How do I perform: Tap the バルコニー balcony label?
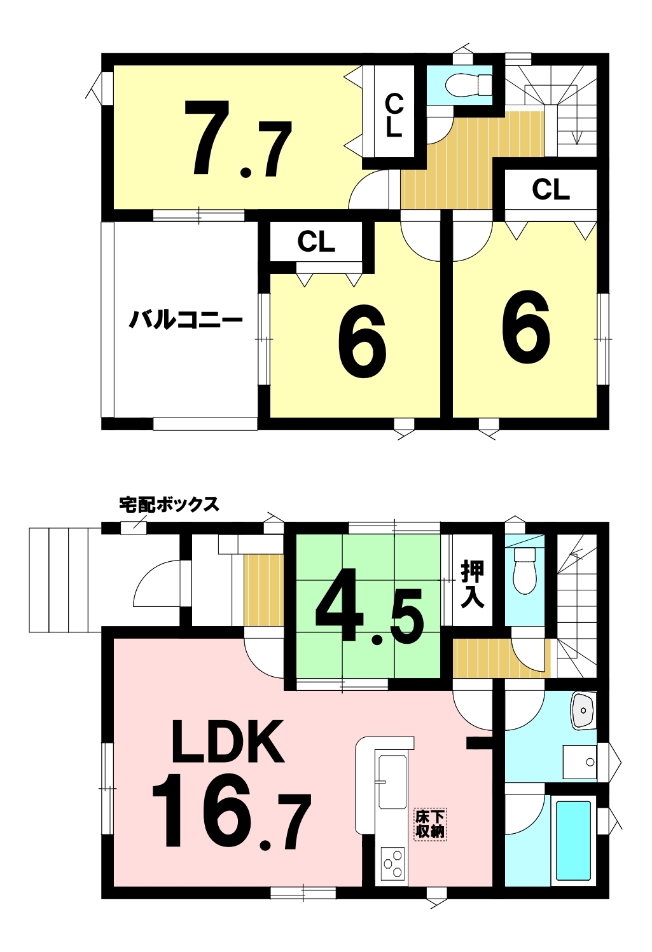[x=186, y=320]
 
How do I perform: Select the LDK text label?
[x=228, y=742]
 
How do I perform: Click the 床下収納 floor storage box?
[x=430, y=825]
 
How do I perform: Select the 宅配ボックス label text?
[x=169, y=504]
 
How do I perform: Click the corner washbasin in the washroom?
[x=583, y=711]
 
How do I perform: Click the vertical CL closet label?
[x=393, y=115]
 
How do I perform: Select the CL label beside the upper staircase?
[x=551, y=189]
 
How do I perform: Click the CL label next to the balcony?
[x=316, y=242]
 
